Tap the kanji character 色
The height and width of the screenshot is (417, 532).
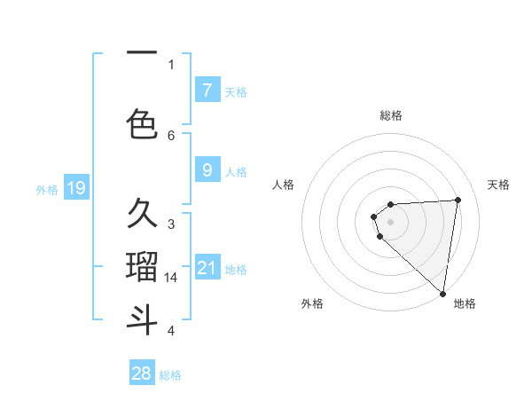(142, 123)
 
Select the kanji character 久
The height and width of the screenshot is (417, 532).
(142, 214)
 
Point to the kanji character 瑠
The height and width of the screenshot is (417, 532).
(142, 265)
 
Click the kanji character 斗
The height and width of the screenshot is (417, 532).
(142, 319)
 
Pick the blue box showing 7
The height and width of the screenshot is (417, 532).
(207, 90)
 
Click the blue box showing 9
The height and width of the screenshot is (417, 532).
(207, 171)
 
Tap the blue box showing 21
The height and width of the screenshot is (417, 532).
(207, 268)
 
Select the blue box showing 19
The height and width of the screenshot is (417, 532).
(75, 188)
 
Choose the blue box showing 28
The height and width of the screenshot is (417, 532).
(142, 374)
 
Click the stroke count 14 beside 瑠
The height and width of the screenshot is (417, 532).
(172, 278)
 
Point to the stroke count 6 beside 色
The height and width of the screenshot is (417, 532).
(171, 135)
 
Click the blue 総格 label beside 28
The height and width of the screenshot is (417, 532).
(170, 375)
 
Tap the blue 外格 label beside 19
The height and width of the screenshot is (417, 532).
(46, 190)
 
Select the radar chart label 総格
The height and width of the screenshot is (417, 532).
(391, 115)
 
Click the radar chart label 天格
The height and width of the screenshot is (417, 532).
(499, 185)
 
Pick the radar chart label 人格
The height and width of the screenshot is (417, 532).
(283, 185)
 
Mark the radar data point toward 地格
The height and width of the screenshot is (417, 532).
(442, 293)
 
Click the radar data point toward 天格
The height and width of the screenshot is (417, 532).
(458, 200)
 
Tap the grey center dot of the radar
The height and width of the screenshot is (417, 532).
(390, 221)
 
